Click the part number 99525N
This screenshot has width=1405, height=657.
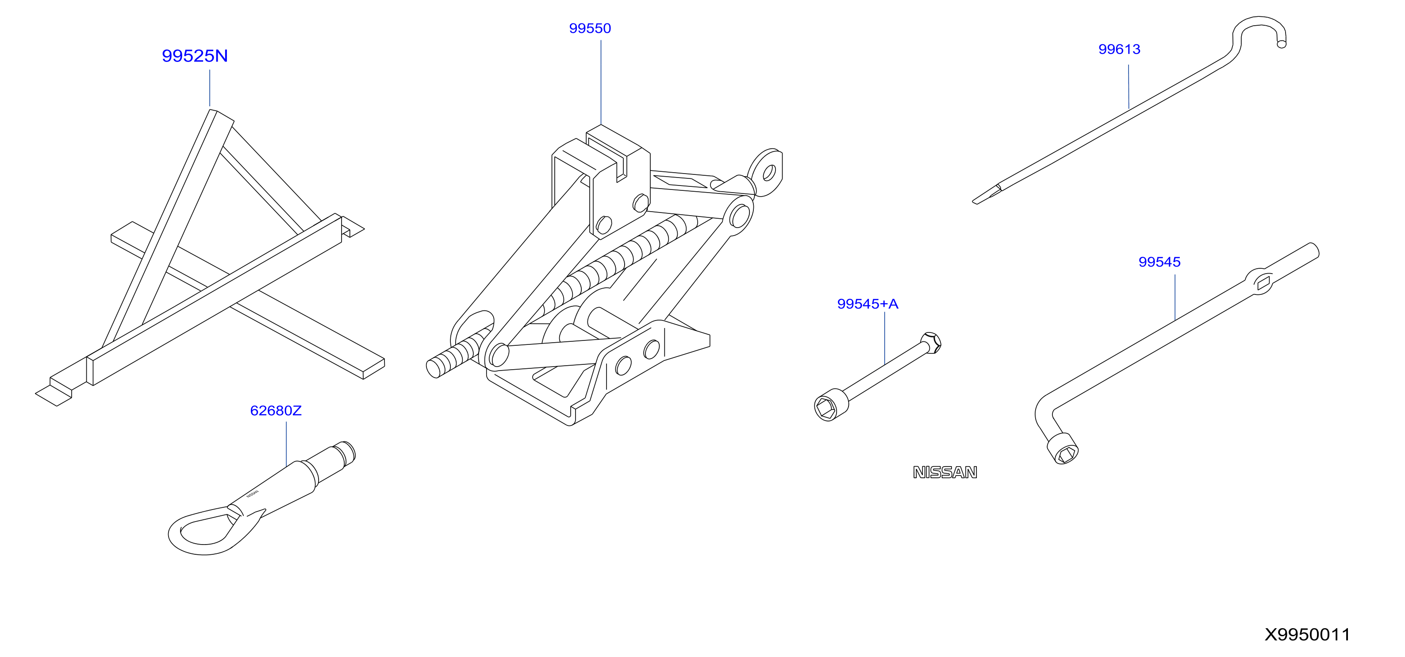195,56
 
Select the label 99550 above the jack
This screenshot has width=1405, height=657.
590,28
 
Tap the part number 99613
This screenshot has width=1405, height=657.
1119,49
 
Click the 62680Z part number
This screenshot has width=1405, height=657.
276,410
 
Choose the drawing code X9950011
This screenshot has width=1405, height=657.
1307,634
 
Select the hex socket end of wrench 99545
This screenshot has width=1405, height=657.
1063,448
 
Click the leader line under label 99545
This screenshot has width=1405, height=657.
1175,298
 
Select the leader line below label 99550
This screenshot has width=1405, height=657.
601,82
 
